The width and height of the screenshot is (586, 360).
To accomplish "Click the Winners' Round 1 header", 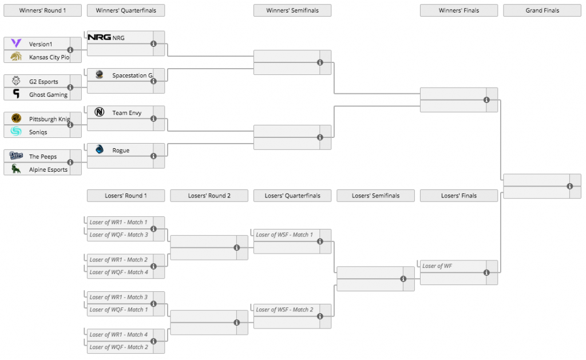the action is click(42, 10).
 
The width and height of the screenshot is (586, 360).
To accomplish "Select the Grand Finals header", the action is click(542, 10).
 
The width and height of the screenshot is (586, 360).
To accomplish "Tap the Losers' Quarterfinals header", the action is click(292, 196).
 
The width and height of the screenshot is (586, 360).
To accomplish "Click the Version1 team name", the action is click(41, 44).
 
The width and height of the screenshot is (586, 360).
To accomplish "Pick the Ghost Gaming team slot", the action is click(42, 94).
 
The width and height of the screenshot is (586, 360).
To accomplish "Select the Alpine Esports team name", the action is click(48, 170).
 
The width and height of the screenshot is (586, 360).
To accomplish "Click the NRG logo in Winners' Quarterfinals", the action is click(99, 37).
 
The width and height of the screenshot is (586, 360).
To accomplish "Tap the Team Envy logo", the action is click(100, 112).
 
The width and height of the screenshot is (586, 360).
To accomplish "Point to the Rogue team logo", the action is click(100, 149).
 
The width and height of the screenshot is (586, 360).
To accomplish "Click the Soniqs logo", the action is click(16, 131).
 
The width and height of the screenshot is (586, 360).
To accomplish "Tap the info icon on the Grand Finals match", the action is click(570, 186).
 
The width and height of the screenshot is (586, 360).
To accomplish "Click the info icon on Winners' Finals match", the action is click(486, 100).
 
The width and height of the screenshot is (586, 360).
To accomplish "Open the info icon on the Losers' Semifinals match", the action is click(403, 279).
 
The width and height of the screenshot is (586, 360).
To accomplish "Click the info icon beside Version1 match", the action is click(70, 50).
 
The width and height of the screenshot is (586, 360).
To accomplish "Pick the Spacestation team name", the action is click(132, 76).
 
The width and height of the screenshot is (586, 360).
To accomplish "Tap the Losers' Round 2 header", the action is click(209, 196).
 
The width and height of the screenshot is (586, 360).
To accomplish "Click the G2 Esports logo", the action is click(16, 80).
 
